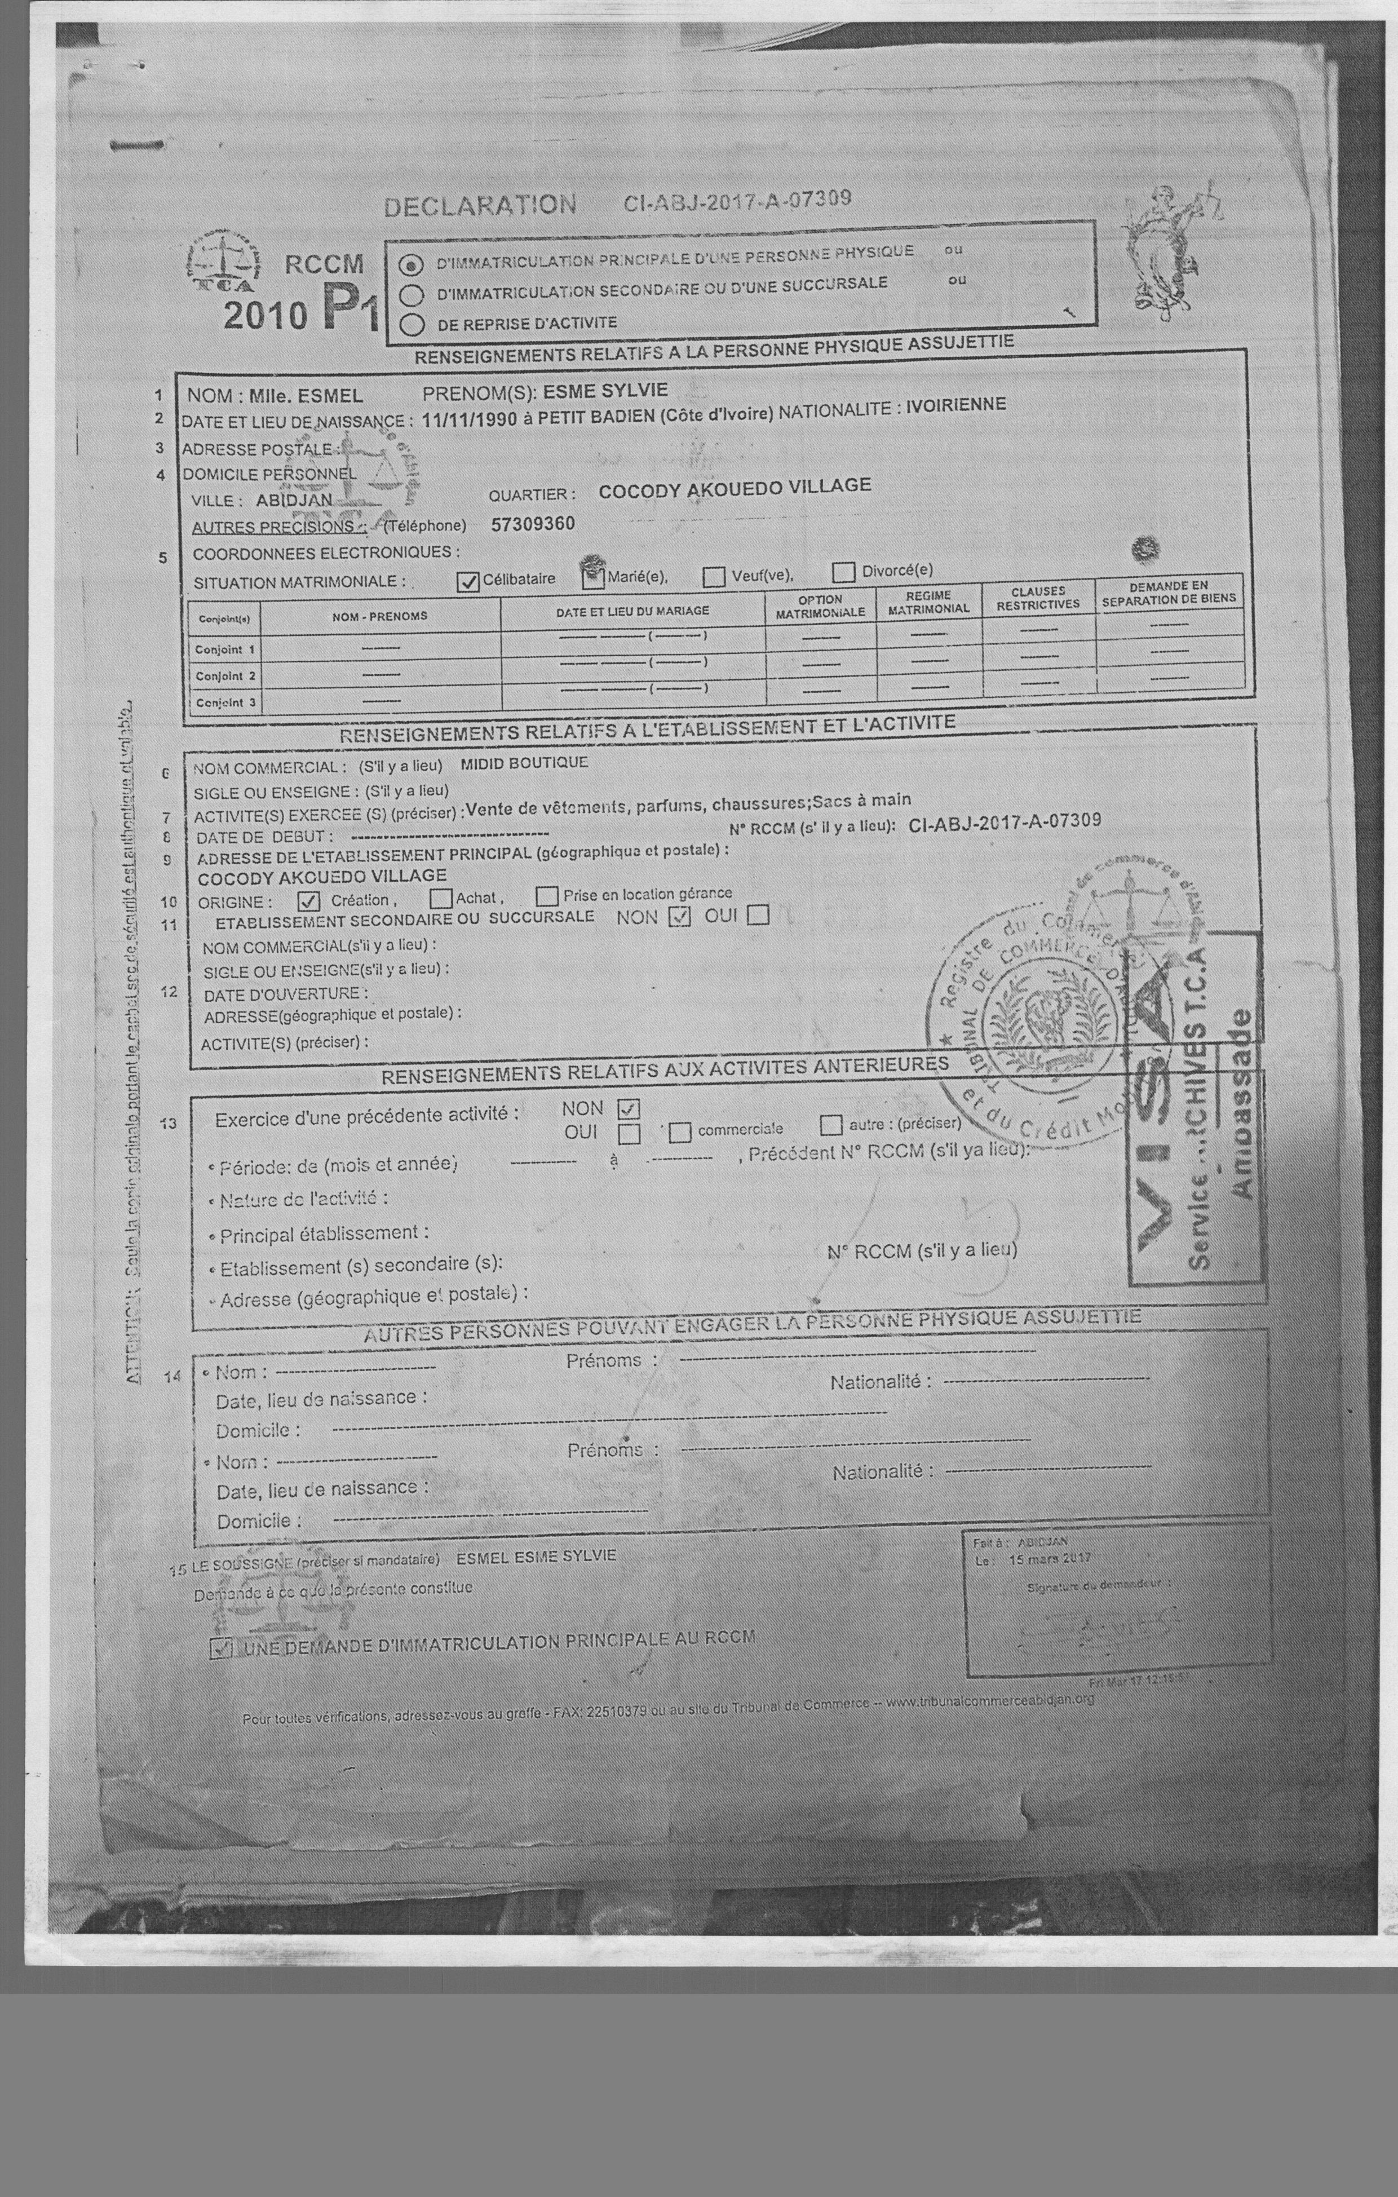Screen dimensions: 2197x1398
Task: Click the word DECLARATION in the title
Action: click(x=479, y=205)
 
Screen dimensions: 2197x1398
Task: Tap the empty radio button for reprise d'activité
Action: click(x=413, y=324)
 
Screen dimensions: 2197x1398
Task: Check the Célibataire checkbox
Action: click(x=468, y=581)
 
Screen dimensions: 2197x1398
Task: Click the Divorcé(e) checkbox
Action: click(x=844, y=572)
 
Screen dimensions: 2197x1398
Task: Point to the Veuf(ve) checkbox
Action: click(x=715, y=577)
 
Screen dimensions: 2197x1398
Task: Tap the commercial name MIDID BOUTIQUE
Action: click(x=524, y=763)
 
